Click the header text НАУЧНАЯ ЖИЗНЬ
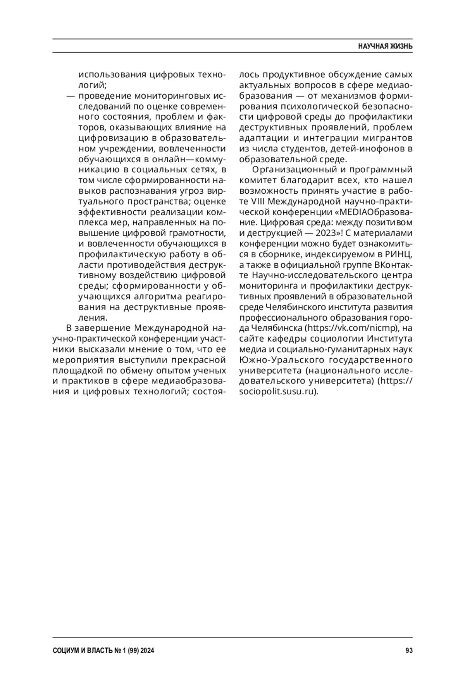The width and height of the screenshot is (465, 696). coord(385,46)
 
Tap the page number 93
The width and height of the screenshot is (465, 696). coord(409,651)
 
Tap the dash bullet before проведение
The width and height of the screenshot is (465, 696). coord(71,96)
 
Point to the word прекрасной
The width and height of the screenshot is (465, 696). coord(201,360)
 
